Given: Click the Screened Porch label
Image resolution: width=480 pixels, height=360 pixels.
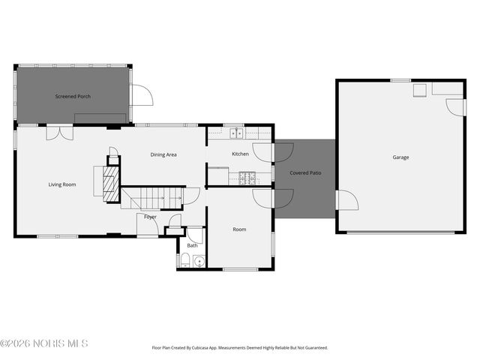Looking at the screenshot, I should coord(72,96).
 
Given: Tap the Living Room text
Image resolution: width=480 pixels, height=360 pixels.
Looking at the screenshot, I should coord(62,184).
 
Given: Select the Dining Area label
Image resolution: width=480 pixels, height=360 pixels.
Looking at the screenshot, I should coord(163,154).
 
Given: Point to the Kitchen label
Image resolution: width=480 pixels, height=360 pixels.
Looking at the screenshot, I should coord(240,154).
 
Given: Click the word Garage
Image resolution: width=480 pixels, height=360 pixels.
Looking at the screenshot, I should coord(400,157).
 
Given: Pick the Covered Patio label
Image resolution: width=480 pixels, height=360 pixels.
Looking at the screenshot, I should coord(305,173).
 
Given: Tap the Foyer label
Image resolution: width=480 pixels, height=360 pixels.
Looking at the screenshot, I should coord(151,217).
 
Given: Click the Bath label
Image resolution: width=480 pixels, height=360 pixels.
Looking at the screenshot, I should coord(193,245).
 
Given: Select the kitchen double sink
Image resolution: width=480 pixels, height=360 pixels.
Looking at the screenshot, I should coord(238,134).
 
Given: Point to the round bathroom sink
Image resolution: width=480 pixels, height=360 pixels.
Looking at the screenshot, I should coord(198,262).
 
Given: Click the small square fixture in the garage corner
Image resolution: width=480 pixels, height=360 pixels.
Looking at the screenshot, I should coord(421,90).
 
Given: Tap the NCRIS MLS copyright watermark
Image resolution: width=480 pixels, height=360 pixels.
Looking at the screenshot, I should coord(44,343).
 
